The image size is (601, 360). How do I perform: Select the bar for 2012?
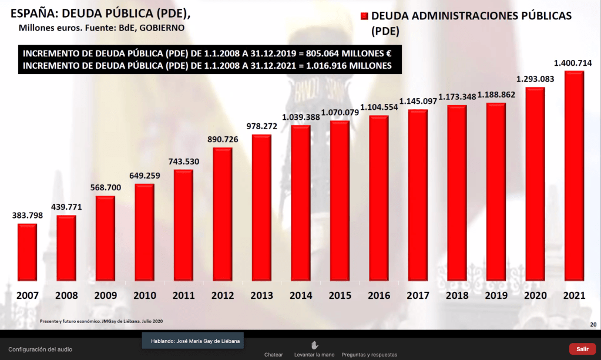pyautogui.click(x=222, y=214)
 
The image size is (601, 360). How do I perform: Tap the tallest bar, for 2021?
pyautogui.click(x=573, y=176)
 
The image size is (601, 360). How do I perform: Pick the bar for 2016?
pyautogui.click(x=378, y=198)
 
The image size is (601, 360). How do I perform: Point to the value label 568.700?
pyautogui.click(x=105, y=188)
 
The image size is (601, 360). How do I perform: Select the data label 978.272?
pyautogui.click(x=261, y=126)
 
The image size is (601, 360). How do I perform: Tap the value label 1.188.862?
pyautogui.click(x=496, y=94)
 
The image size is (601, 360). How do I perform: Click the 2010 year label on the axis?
pyautogui.click(x=144, y=295)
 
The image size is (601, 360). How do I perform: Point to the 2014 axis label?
pyautogui.click(x=300, y=295)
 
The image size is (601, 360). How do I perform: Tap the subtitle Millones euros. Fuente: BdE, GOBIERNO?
pyautogui.click(x=102, y=28)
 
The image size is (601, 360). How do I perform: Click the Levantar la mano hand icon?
pyautogui.click(x=314, y=345)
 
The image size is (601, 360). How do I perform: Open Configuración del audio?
pyautogui.click(x=40, y=349)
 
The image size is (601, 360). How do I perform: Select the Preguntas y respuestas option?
pyautogui.click(x=369, y=355)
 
